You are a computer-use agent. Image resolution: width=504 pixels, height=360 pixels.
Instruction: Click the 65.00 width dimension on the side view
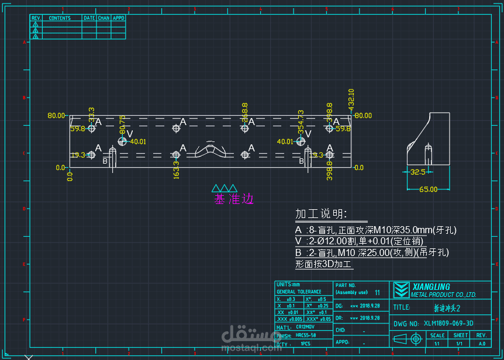(x=428, y=189)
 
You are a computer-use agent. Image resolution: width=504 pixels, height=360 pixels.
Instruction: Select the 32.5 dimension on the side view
(x=417, y=172)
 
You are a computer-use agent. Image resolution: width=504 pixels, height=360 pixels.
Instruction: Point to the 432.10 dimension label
(x=351, y=99)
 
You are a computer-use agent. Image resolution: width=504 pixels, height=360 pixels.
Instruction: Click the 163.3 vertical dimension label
(x=176, y=170)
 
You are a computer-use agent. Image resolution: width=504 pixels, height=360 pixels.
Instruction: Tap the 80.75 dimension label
(x=122, y=124)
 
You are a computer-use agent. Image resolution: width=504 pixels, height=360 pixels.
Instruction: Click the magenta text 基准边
(x=234, y=199)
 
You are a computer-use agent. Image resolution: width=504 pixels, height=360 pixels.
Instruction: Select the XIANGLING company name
(x=431, y=286)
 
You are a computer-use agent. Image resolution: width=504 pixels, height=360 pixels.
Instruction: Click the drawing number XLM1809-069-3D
(x=449, y=323)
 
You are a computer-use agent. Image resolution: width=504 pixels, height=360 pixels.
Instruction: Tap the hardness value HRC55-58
(x=306, y=335)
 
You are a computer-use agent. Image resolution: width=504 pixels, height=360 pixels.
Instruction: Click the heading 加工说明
(x=321, y=213)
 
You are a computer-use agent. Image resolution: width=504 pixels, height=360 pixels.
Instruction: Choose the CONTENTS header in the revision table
(x=60, y=18)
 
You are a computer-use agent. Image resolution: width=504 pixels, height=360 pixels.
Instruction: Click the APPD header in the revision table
(x=118, y=18)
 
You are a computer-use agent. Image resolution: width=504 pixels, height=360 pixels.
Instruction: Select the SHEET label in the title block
(x=461, y=335)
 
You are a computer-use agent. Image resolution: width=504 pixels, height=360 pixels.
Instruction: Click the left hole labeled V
(x=122, y=141)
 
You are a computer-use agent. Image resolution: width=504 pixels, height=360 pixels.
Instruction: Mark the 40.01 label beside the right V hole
(x=285, y=141)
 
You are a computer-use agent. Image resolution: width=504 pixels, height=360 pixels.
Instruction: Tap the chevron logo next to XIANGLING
(x=401, y=290)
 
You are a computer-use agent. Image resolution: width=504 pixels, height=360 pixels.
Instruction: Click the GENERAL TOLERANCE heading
(x=299, y=292)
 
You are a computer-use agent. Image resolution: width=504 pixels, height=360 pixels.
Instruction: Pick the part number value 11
(x=377, y=292)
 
